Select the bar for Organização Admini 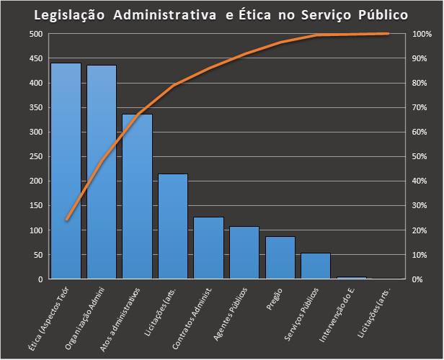pos(102,173)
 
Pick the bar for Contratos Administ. pos(208,248)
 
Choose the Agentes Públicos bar pos(244,253)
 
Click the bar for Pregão pos(280,258)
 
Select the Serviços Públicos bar pos(315,266)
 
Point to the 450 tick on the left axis pos(35,58)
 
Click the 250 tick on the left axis pos(35,156)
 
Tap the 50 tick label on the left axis pos(37,255)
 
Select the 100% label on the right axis pos(422,34)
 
